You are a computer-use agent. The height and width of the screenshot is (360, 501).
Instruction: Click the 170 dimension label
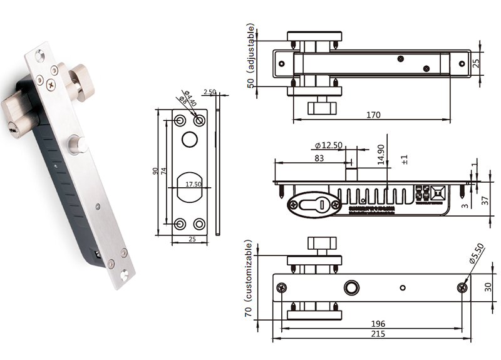click(373, 115)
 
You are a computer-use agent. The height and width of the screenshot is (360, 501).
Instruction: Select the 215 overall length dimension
click(377, 334)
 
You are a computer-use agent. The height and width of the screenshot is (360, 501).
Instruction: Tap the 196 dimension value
click(378, 324)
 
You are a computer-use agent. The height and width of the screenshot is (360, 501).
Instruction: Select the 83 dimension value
click(319, 159)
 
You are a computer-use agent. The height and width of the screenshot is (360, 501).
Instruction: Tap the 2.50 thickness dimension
click(210, 92)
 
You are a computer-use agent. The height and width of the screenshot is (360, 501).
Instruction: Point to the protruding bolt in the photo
click(79, 143)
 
